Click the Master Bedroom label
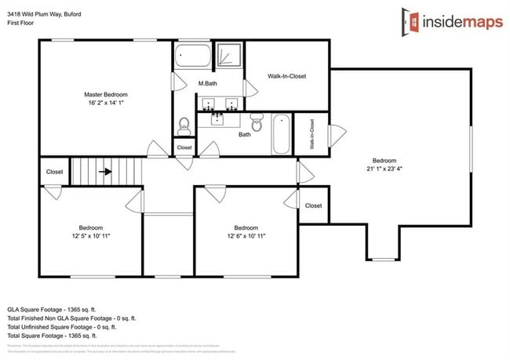tap(106, 94)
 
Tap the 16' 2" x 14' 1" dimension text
tap(106, 102)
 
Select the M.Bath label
tap(207, 83)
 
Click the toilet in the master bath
tap(184, 125)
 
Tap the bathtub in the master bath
tap(192, 56)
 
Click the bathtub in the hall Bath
tap(281, 134)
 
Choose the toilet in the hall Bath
tap(256, 122)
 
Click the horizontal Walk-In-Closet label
tap(286, 76)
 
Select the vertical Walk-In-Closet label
tap(312, 134)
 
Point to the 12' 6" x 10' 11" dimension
tap(246, 235)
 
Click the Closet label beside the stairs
tap(55, 172)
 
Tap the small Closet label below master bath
tap(184, 147)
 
